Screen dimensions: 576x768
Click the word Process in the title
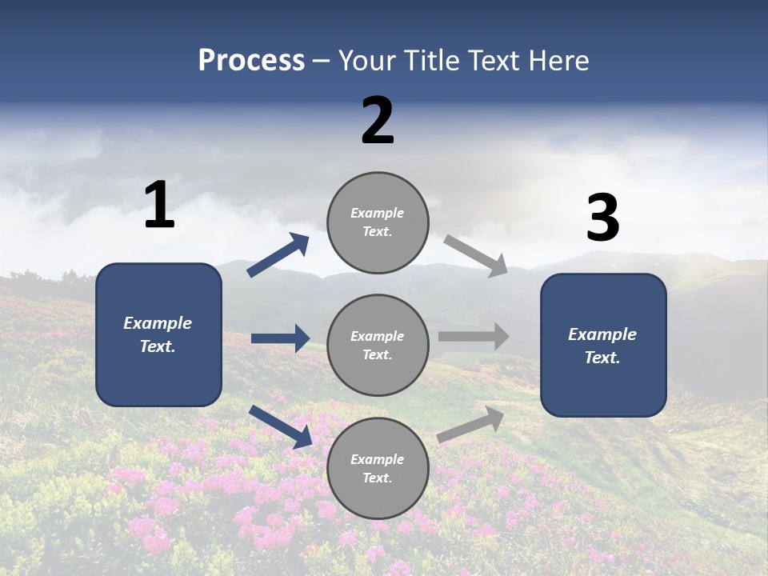251,61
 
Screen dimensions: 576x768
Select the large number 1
159,205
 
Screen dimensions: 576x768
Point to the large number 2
378,121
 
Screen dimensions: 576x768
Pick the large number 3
602,218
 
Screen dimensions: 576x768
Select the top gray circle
378,222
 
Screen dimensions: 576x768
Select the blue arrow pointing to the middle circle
280,338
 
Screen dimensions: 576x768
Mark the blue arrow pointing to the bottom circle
280,426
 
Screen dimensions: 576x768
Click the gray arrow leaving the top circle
475,255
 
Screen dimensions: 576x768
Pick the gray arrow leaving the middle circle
473,337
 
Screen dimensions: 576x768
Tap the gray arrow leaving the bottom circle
470,424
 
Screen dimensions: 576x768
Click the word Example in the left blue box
158,323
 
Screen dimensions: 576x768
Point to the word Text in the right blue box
602,358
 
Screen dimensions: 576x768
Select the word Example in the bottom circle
378,459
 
